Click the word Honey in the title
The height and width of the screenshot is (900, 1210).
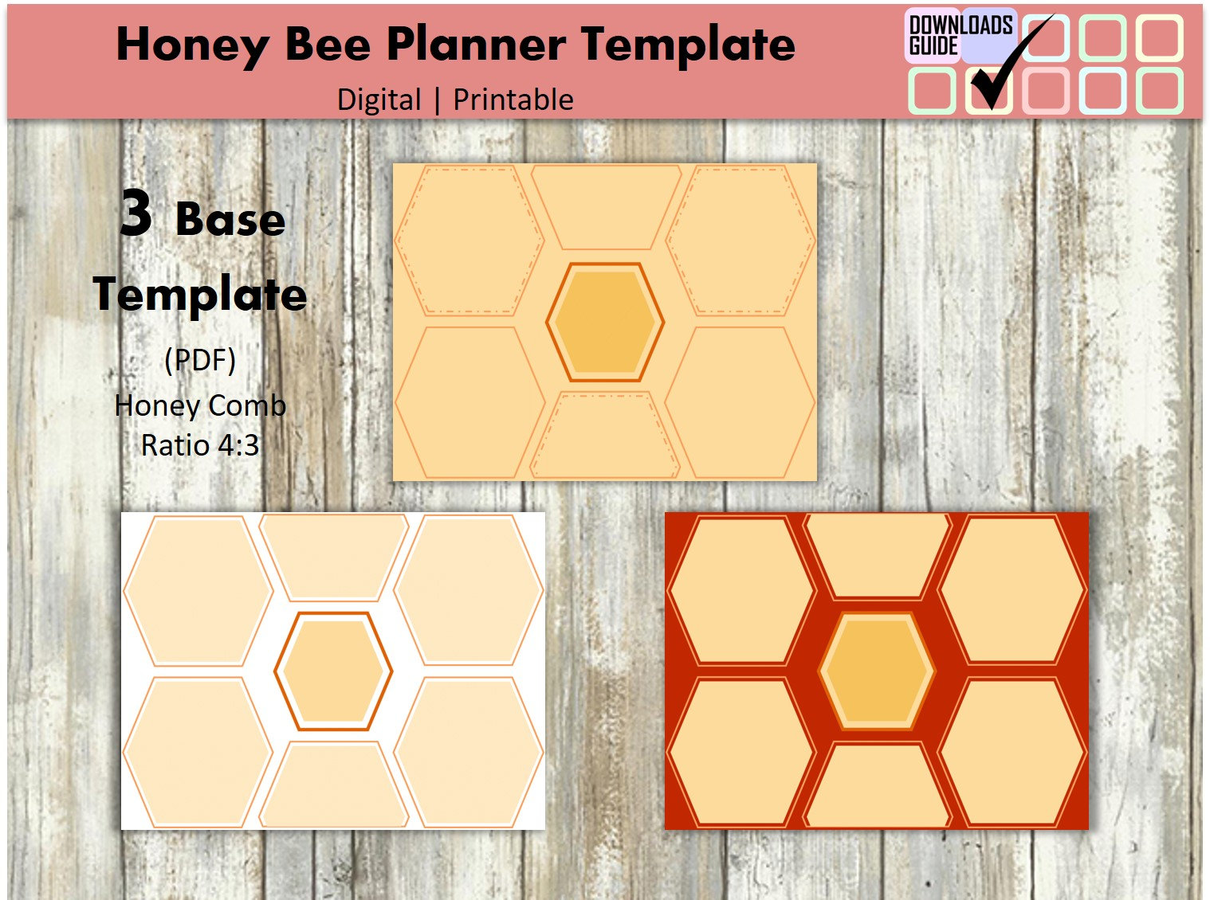click(x=191, y=45)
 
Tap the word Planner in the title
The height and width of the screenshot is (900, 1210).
click(x=476, y=45)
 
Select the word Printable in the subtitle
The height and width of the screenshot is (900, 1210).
click(x=513, y=100)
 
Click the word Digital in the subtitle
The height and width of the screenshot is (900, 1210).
click(x=379, y=100)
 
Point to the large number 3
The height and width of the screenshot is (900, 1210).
click(x=136, y=213)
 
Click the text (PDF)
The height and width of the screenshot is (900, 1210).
click(x=200, y=360)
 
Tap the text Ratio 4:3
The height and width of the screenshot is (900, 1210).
click(x=200, y=445)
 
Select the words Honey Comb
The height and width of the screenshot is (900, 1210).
click(x=200, y=405)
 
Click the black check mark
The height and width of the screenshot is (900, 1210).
click(x=1008, y=64)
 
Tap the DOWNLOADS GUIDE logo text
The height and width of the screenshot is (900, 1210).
click(x=960, y=35)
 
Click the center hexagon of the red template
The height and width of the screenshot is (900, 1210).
click(x=877, y=671)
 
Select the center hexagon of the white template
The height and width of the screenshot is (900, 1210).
click(x=333, y=671)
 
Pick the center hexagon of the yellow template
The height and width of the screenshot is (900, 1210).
click(x=605, y=322)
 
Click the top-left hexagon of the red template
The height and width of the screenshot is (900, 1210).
click(x=741, y=590)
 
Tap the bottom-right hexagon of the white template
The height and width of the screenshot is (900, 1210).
click(x=469, y=752)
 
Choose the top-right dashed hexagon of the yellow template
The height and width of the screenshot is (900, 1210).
click(x=741, y=239)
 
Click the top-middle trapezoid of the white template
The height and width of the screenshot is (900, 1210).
click(x=333, y=556)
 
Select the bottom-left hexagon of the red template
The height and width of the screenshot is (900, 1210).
click(x=741, y=752)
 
